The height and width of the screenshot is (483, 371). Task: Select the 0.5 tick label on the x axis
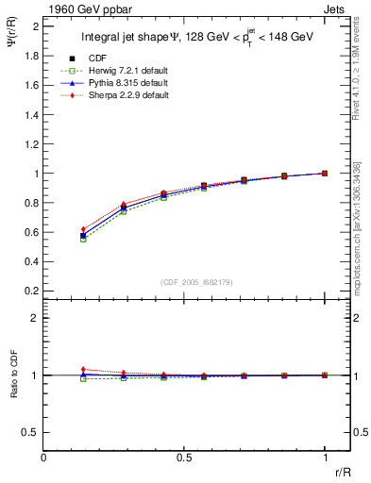(184, 458)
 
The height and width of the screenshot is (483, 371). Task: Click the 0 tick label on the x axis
(44, 458)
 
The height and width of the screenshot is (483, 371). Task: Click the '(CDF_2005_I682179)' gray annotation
(185, 282)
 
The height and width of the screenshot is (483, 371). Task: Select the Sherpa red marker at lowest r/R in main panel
(83, 229)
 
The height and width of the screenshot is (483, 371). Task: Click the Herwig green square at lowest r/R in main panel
(83, 240)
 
